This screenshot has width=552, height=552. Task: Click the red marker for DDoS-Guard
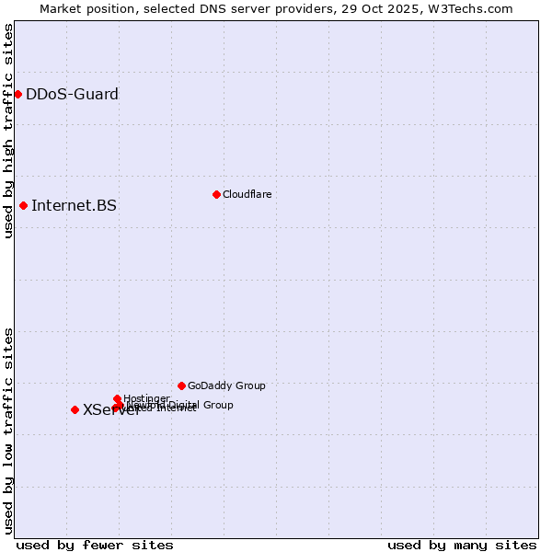tap(17, 94)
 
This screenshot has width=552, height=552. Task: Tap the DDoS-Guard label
tap(72, 94)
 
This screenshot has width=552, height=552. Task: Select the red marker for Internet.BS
tap(23, 205)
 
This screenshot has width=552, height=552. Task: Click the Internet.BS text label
tap(74, 205)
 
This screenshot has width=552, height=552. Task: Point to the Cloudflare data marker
tap(216, 194)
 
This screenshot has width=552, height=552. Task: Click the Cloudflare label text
tap(247, 194)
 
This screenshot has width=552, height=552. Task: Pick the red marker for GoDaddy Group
tap(181, 385)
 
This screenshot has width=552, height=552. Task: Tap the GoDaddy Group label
tap(226, 385)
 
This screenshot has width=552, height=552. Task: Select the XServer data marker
tap(75, 409)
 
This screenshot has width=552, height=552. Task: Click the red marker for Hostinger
tap(117, 398)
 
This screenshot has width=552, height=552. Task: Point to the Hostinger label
tap(146, 398)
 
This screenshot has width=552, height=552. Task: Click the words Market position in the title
tap(82, 8)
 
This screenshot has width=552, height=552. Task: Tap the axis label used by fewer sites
tap(95, 545)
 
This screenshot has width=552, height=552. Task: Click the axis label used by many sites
tap(462, 545)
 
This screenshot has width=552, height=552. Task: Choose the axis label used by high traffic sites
tap(8, 132)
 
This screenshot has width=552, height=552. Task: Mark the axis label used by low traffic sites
tap(8, 431)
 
